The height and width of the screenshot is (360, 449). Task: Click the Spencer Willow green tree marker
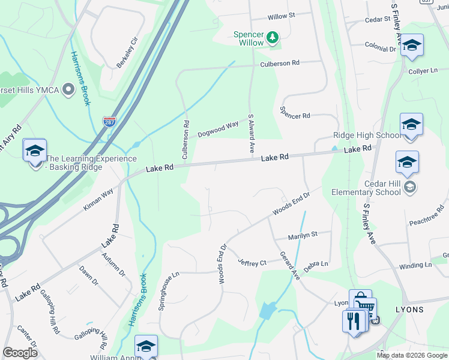pyautogui.click(x=273, y=38)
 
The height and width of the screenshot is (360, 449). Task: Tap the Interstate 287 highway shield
pyautogui.click(x=109, y=122)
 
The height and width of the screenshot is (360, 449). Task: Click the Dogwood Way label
pyautogui.click(x=218, y=128)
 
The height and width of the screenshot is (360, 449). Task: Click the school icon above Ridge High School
pyautogui.click(x=411, y=124)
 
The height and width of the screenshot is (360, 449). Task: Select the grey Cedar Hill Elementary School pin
pyautogui.click(x=409, y=186)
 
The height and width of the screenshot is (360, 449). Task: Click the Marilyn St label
pyautogui.click(x=302, y=235)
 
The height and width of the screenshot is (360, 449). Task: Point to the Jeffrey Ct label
pyautogui.click(x=252, y=262)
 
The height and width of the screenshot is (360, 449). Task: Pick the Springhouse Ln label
pyautogui.click(x=169, y=291)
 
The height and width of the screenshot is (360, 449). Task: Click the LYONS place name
pyautogui.click(x=409, y=310)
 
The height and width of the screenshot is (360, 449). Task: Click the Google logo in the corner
pyautogui.click(x=20, y=352)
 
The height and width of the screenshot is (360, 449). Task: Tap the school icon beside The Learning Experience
pyautogui.click(x=35, y=150)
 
